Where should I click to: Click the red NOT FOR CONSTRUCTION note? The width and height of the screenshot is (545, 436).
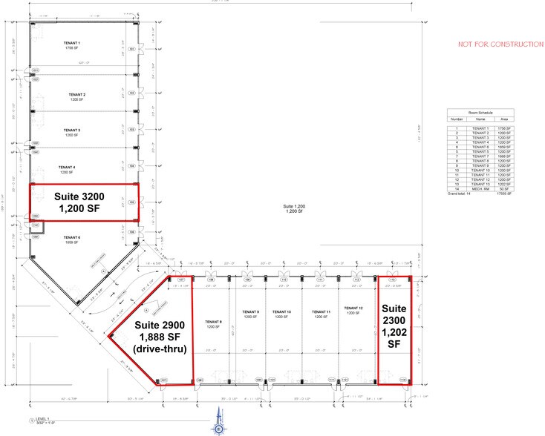pyautogui.click(x=500, y=44)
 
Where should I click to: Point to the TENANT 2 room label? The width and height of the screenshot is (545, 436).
pyautogui.click(x=76, y=95)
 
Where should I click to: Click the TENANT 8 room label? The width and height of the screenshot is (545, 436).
pyautogui.click(x=214, y=321)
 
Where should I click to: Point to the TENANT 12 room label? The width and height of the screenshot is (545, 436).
pyautogui.click(x=351, y=308)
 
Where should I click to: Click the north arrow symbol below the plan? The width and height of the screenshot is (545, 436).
pyautogui.click(x=219, y=428)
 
